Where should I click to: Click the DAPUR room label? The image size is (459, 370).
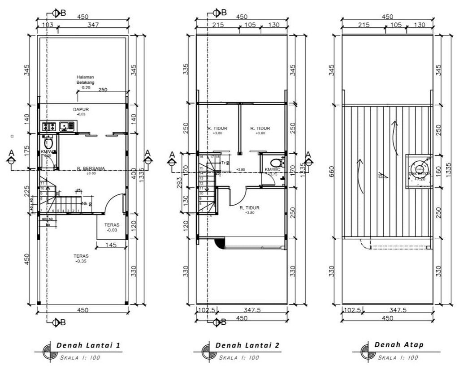[81, 109]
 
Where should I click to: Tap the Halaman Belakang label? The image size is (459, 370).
[85, 80]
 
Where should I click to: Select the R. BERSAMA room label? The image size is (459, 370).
[91, 168]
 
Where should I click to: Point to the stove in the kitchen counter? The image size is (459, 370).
[48, 127]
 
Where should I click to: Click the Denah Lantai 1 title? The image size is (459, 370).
[88, 345]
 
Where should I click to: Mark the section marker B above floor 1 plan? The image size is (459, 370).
[56, 13]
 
